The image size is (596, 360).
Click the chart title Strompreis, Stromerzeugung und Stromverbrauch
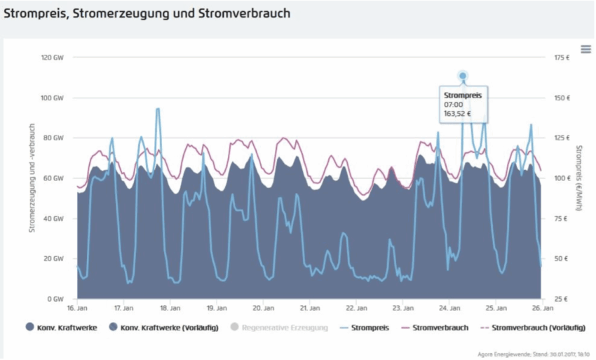(x=147, y=13)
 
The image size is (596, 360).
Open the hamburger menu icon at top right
(x=586, y=48)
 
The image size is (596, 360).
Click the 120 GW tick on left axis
(x=53, y=58)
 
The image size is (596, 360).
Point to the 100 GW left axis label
(x=53, y=98)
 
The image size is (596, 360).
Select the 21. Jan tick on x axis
(x=309, y=308)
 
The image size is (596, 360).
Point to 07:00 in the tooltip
(x=453, y=105)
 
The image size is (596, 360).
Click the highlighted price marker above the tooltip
(x=463, y=76)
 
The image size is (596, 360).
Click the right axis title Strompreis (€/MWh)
(x=579, y=178)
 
